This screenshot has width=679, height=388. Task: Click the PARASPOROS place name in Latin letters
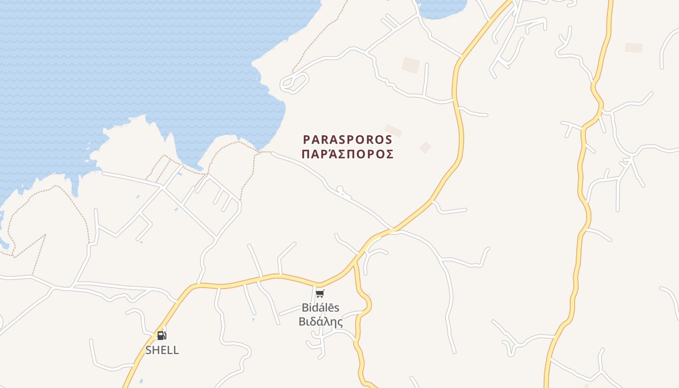point(347,140)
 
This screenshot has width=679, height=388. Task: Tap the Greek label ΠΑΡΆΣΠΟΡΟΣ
point(347,154)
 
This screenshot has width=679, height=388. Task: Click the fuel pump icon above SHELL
point(162,335)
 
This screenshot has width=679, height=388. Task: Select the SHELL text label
point(162,350)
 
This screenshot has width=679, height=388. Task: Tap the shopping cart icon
point(320,293)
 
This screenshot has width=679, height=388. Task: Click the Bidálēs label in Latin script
point(321,307)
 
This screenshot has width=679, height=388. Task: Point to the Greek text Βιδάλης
point(321,322)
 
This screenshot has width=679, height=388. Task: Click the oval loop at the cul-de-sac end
point(294,82)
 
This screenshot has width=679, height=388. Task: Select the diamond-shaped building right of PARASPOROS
point(425,147)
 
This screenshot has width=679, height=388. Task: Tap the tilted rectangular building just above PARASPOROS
point(393,130)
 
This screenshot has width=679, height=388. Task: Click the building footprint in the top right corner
point(633,48)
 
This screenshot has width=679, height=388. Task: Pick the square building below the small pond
point(410,65)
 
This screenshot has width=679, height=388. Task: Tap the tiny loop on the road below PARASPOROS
point(339,189)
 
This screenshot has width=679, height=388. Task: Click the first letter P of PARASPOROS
point(307,140)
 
